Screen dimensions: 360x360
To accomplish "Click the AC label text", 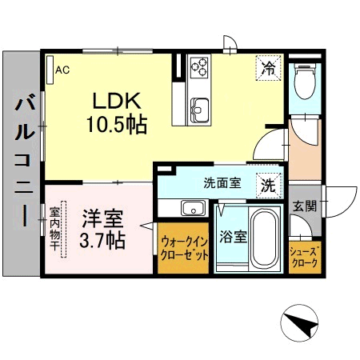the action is (62, 70).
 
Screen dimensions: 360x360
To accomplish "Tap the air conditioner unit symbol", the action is (50, 70).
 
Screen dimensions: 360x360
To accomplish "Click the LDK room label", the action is (117, 101).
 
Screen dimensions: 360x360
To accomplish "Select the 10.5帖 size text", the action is (117, 124).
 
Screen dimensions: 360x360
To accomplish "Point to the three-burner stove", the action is (199, 67).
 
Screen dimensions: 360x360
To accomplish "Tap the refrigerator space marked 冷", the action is (268, 68).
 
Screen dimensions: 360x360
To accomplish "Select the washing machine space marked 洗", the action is (269, 186).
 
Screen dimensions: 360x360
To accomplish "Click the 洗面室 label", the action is (222, 183).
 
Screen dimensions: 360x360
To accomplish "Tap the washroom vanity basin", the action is (194, 208).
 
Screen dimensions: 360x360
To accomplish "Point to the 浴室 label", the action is (233, 236).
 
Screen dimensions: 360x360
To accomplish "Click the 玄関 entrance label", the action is (305, 206).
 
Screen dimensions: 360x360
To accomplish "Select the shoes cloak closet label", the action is (305, 257).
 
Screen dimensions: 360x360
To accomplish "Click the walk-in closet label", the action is (184, 249).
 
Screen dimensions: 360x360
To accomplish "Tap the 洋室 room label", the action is (102, 218).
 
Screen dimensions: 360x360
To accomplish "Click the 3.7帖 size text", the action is (102, 240).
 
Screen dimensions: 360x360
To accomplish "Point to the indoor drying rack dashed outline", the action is (63, 230).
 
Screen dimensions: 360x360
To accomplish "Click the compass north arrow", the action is (301, 323).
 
